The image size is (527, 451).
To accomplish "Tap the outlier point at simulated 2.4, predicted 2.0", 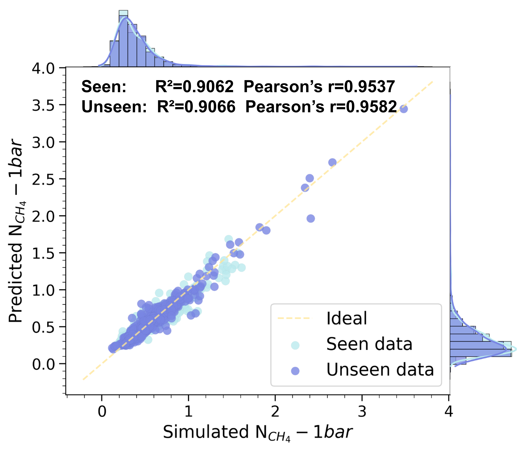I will (311, 218).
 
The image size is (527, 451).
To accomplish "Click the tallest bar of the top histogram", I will (123, 38).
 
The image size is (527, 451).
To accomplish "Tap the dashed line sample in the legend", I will (294, 318).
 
